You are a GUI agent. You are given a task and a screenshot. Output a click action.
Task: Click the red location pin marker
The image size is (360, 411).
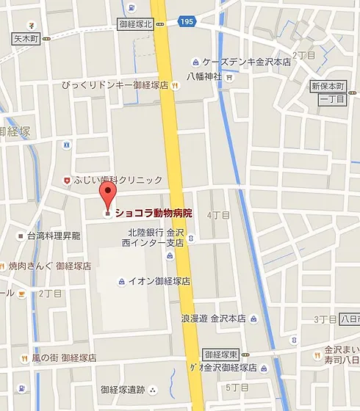108,196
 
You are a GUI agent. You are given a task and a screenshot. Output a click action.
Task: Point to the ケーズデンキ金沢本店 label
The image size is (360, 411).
246,62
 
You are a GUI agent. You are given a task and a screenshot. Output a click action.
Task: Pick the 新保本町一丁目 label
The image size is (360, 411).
327,92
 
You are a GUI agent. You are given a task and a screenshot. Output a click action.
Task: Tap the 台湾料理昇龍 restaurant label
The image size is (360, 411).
54,236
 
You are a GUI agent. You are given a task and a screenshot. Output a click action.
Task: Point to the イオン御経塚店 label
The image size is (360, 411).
159,280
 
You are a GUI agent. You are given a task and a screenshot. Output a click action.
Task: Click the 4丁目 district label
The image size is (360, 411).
219,215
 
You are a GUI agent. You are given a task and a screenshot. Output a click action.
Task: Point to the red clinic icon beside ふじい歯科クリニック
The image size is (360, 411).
68,180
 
